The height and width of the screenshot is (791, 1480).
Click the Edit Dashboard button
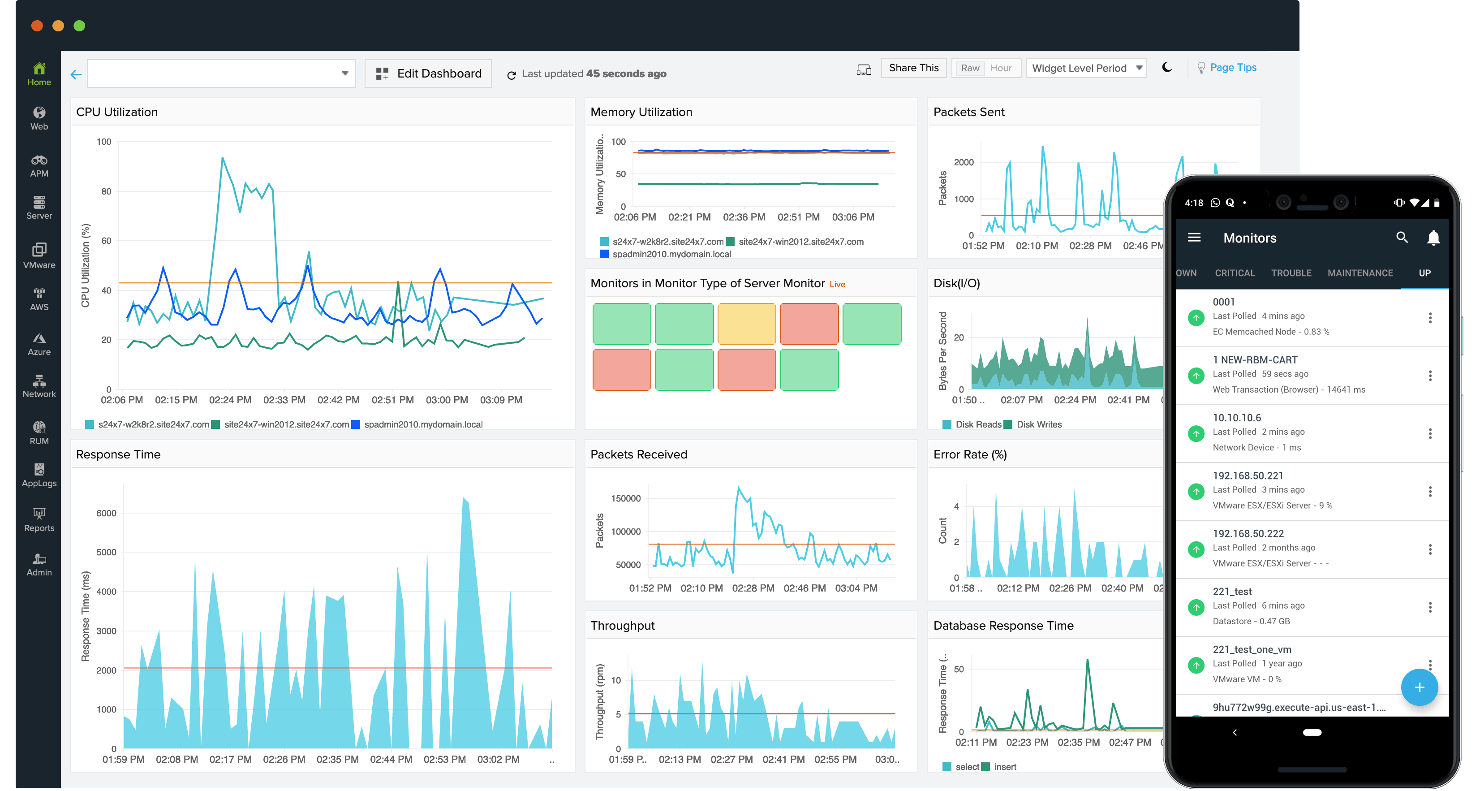pyautogui.click(x=428, y=73)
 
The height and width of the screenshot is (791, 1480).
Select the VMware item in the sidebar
pyautogui.click(x=39, y=255)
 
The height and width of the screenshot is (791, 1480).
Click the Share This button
pyautogui.click(x=913, y=68)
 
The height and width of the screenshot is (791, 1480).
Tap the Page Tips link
pyautogui.click(x=1232, y=67)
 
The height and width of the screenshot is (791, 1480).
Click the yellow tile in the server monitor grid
pyautogui.click(x=746, y=324)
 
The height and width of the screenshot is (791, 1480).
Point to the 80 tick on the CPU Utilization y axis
pyautogui.click(x=106, y=191)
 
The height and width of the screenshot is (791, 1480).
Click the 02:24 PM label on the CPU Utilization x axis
pyautogui.click(x=230, y=399)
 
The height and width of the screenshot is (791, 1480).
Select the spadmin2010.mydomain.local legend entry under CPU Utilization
pyautogui.click(x=422, y=424)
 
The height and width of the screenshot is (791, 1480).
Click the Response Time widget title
pyautogui.click(x=118, y=454)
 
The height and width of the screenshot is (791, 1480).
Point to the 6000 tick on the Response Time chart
pyautogui.click(x=106, y=513)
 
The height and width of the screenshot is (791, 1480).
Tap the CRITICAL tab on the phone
pyautogui.click(x=1234, y=273)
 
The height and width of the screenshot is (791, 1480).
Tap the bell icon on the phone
pyautogui.click(x=1433, y=238)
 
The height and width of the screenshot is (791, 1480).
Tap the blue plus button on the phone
pyautogui.click(x=1419, y=687)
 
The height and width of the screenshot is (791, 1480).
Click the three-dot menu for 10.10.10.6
pyautogui.click(x=1429, y=433)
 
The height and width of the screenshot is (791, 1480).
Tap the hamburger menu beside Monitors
pyautogui.click(x=1194, y=238)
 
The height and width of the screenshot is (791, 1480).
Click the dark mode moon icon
pyautogui.click(x=1166, y=67)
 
